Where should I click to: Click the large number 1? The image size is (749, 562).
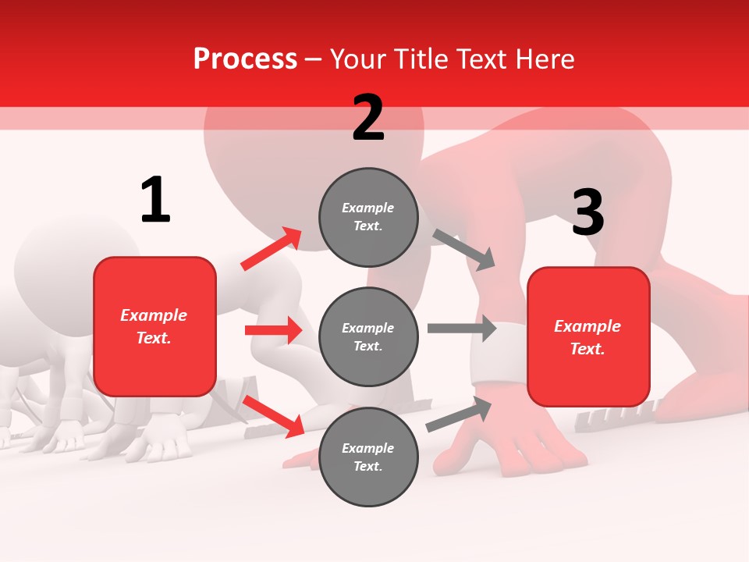[155, 200]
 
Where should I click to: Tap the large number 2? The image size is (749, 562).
[368, 118]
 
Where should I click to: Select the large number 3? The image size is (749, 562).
[587, 212]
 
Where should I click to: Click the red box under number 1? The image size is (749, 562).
[154, 326]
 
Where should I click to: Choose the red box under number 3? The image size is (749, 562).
[588, 337]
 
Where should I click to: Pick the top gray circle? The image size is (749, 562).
[368, 216]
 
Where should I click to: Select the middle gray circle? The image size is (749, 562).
[368, 336]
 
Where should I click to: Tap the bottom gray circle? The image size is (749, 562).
[368, 457]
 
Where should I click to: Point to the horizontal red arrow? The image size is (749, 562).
[273, 330]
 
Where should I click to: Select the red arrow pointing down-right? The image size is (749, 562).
[273, 416]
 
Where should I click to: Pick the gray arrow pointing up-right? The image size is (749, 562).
[459, 414]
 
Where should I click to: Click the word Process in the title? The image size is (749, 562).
[245, 59]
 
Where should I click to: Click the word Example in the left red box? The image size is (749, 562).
[154, 315]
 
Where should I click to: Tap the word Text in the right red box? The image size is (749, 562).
[586, 349]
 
